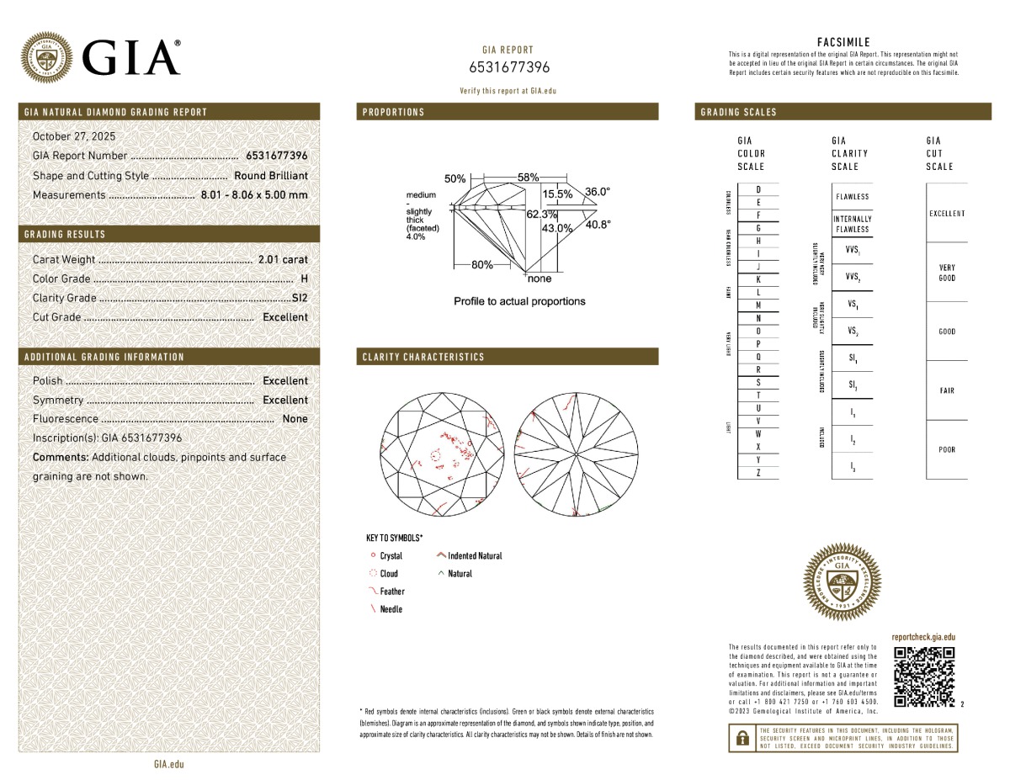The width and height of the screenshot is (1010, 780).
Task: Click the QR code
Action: pyautogui.click(x=923, y=677)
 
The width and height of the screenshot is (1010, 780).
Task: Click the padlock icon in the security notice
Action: pyautogui.click(x=742, y=738)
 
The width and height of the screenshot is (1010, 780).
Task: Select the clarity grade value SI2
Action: pyautogui.click(x=300, y=298)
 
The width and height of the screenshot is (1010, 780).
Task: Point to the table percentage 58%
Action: pyautogui.click(x=529, y=178)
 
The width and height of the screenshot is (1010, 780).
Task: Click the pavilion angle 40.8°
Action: pyautogui.click(x=598, y=225)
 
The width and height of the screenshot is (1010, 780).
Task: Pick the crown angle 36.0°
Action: pyautogui.click(x=598, y=192)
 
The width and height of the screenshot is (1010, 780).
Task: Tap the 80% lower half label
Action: pyautogui.click(x=482, y=264)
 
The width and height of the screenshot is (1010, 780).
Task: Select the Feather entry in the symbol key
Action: pyautogui.click(x=391, y=592)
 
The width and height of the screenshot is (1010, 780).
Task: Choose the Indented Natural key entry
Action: pyautogui.click(x=475, y=556)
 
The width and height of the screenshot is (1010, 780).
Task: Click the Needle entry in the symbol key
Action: pyautogui.click(x=391, y=609)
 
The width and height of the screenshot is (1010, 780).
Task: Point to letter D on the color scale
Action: pyautogui.click(x=759, y=190)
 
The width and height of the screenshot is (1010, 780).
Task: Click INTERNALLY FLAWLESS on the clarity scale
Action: pyautogui.click(x=852, y=224)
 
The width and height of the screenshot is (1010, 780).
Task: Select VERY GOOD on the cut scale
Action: pyautogui.click(x=947, y=273)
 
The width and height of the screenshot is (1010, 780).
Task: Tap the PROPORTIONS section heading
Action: pyautogui.click(x=394, y=112)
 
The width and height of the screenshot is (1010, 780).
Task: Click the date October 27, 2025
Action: pyautogui.click(x=74, y=136)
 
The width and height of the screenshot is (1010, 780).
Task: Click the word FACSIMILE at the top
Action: pyautogui.click(x=843, y=42)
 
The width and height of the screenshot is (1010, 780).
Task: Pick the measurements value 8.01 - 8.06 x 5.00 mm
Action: pyautogui.click(x=254, y=195)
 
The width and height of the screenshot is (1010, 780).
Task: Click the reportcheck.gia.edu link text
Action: pyautogui.click(x=923, y=638)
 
